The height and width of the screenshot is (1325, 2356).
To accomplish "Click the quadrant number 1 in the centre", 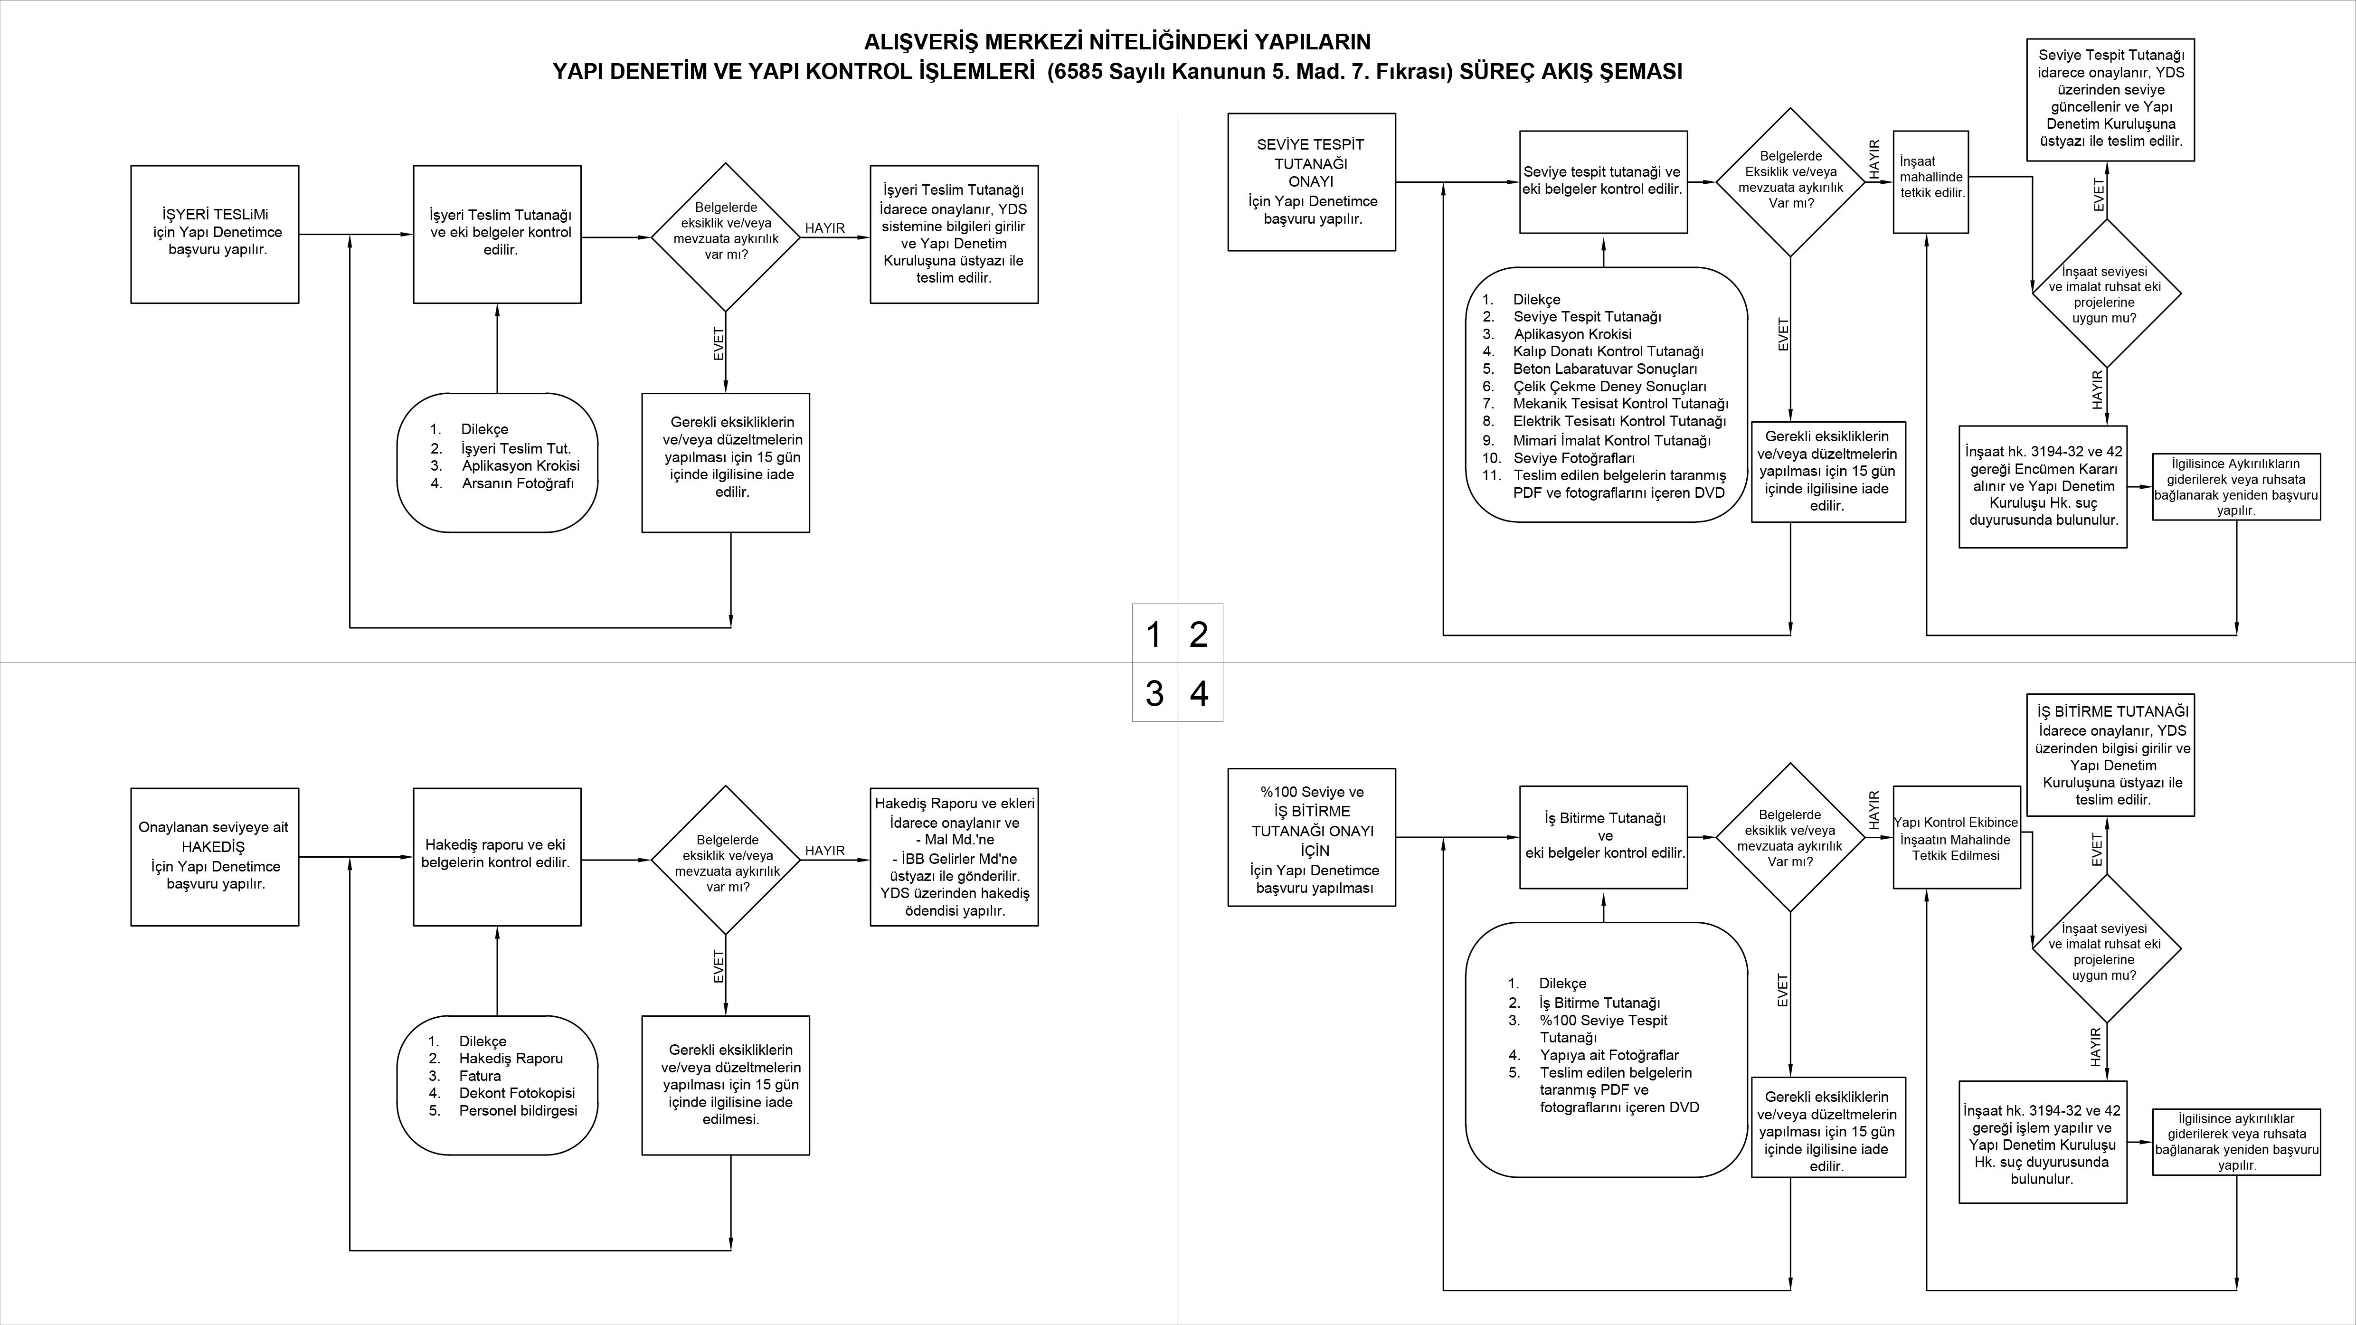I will (x=1154, y=634).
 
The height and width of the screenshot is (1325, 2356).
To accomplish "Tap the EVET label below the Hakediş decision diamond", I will (x=719, y=966).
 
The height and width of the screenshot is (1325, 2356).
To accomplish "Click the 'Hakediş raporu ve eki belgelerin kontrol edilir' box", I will (x=497, y=857).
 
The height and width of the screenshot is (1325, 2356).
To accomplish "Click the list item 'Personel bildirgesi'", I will (x=518, y=1111).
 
